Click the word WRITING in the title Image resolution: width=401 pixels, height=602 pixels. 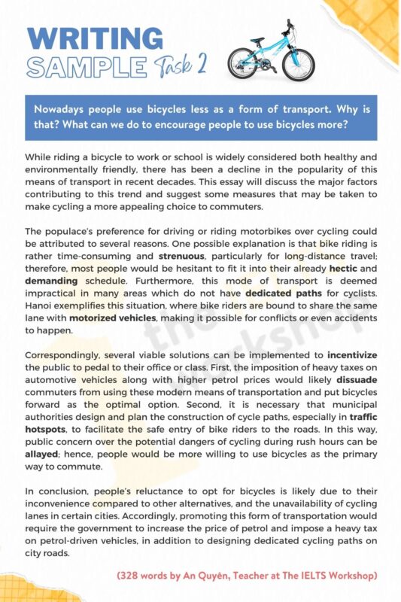[x=94, y=38]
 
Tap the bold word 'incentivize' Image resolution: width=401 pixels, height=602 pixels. [x=352, y=354]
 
